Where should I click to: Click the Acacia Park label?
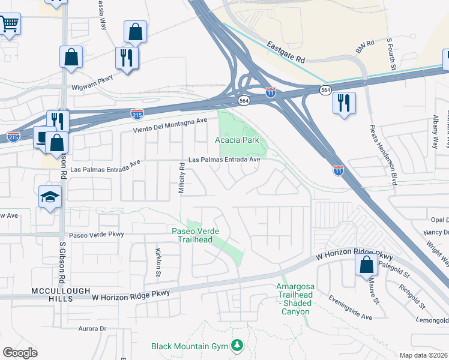[x=237, y=140]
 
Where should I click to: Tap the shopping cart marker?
[x=9, y=25]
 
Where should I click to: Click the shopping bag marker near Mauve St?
[x=366, y=265]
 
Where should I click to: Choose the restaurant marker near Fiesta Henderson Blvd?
[x=344, y=102]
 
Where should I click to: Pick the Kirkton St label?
[x=158, y=262]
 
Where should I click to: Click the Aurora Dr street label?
[x=92, y=329]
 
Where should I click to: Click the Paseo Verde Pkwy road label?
[x=96, y=235]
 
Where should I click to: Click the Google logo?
[x=20, y=353]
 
